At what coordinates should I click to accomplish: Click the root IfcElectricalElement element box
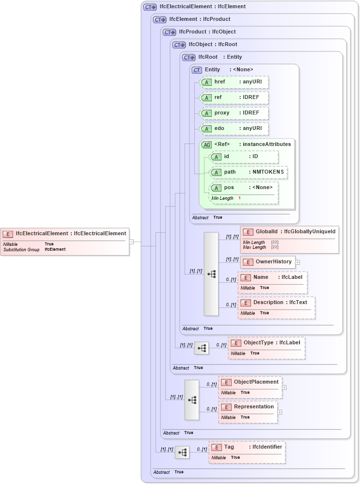point(65,241)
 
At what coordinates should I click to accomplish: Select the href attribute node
point(235,82)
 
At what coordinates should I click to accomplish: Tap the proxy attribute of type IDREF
point(235,113)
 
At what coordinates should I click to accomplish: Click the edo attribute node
point(235,129)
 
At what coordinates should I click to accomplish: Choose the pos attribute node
point(244,188)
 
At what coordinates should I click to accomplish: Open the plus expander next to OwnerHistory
point(297,262)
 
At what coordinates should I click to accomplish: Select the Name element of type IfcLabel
point(272,282)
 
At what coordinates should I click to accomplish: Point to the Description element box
point(276,307)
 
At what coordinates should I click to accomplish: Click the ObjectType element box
point(266,348)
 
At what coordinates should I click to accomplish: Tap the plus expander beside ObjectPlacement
point(284,387)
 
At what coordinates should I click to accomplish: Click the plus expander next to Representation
point(280,412)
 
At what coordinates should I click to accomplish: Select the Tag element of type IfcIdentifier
point(247,452)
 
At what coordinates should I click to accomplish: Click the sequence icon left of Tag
point(182,452)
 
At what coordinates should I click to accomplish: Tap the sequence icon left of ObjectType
point(202,348)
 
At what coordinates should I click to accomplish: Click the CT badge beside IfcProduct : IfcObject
point(170,32)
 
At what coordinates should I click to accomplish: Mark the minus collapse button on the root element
point(131,241)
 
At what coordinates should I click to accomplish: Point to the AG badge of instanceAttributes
point(207,145)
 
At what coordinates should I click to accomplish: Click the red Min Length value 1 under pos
point(239,198)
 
